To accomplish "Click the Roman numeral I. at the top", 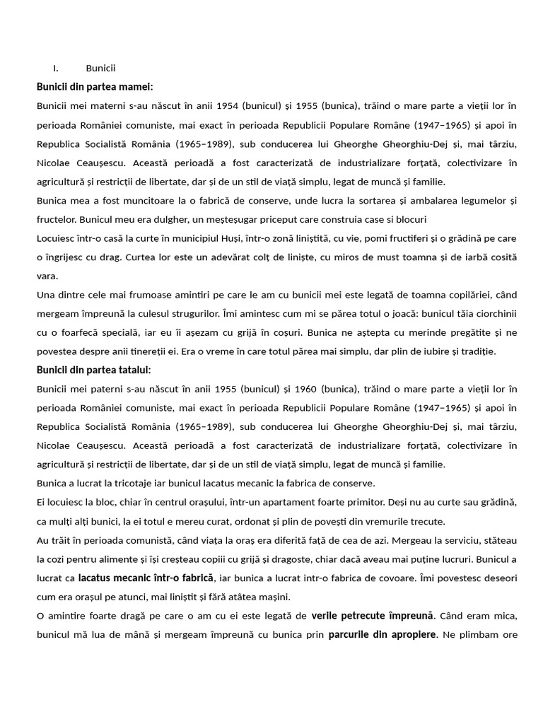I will (x=55, y=69).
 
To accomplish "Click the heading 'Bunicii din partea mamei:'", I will (x=95, y=87).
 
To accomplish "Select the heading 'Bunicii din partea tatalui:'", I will (x=94, y=370).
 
